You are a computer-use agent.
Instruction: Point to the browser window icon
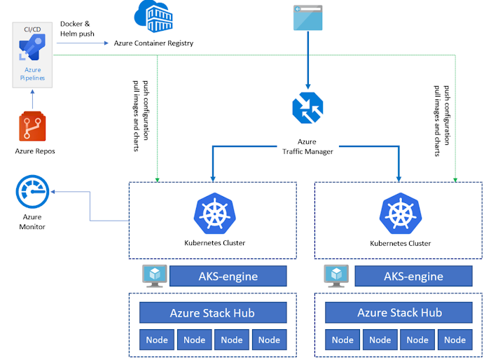pos(307,17)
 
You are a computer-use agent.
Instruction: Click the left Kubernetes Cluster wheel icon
pos(214,212)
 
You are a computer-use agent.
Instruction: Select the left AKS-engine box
pos(228,276)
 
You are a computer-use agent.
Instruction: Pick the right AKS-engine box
pos(413,276)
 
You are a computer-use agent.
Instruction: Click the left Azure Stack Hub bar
pos(213,312)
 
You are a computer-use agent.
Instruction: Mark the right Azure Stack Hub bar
pos(399,312)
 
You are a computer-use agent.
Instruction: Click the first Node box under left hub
pos(157,340)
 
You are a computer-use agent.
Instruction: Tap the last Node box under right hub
pos(455,340)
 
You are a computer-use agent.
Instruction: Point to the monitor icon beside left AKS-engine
pos(153,275)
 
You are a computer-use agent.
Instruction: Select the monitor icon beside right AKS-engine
pos(337,275)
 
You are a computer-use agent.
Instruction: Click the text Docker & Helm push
pos(77,29)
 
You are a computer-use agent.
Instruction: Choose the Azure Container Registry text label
pos(153,43)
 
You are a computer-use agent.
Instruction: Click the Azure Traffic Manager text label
pos(307,146)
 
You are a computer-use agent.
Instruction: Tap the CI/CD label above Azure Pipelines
pos(32,30)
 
